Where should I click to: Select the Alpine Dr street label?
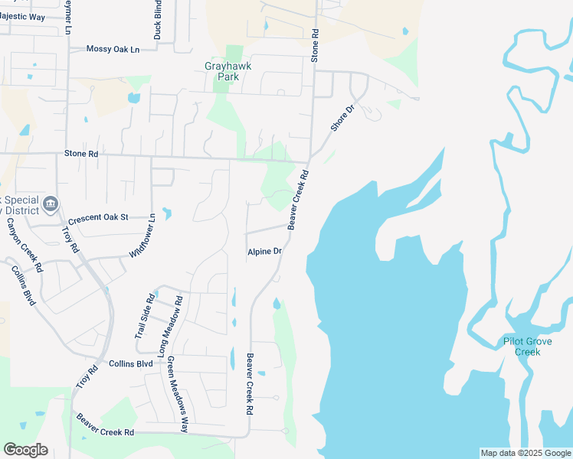click(265, 252)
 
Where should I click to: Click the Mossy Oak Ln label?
click(113, 49)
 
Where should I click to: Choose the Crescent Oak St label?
click(103, 217)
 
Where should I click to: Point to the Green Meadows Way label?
click(178, 394)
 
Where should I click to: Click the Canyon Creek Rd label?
click(24, 245)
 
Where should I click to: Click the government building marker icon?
click(51, 203)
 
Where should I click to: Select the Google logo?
click(25, 450)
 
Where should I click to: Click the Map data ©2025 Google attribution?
click(526, 453)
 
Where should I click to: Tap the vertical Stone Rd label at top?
click(314, 46)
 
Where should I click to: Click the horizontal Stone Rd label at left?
click(82, 154)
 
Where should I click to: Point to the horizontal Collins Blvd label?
click(131, 363)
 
